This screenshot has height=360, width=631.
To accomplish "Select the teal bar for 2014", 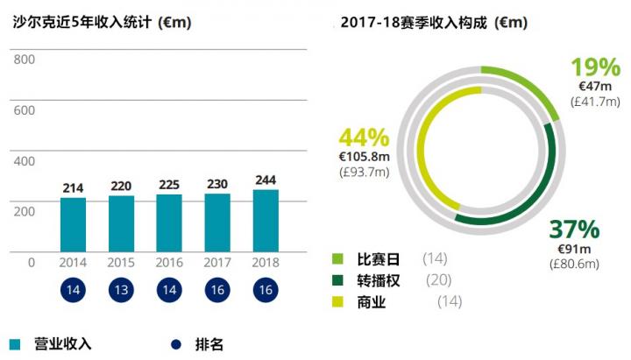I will coord(74,224).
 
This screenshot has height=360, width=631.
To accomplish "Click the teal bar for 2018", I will coord(266,221).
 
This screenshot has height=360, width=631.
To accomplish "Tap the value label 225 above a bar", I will coord(169,185).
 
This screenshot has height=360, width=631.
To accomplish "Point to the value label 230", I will coord(217,184).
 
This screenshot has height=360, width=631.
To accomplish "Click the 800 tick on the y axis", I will coord(25,60).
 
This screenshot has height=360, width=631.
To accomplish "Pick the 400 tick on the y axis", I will coord(25,161).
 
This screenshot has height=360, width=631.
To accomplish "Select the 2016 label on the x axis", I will coord(169,262).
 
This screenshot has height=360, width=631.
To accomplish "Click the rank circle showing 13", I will coord(122,291).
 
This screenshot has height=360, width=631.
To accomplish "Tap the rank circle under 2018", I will coord(266,291).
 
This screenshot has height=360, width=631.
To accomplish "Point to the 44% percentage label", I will coord(363,138).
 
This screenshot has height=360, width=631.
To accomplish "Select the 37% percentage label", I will coord(574,230).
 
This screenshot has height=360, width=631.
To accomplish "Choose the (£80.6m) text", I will coord(574,263).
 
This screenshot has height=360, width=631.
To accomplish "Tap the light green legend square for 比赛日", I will coord(337,258).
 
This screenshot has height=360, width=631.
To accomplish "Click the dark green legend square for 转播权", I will coord(337,280).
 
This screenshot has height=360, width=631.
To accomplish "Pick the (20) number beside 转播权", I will coord(438,280).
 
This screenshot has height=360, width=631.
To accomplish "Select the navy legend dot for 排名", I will coord(174,343).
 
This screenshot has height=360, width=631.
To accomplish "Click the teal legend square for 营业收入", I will coord(15,343).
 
